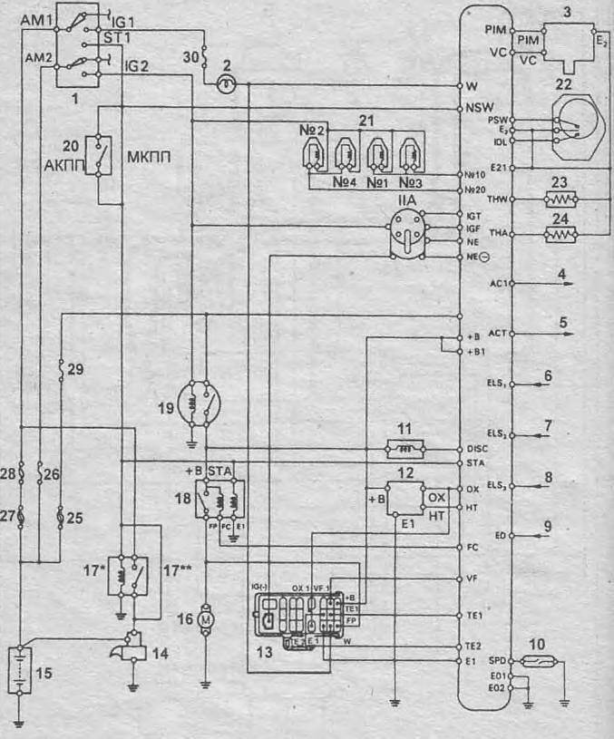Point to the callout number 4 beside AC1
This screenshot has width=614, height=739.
tap(562, 273)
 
